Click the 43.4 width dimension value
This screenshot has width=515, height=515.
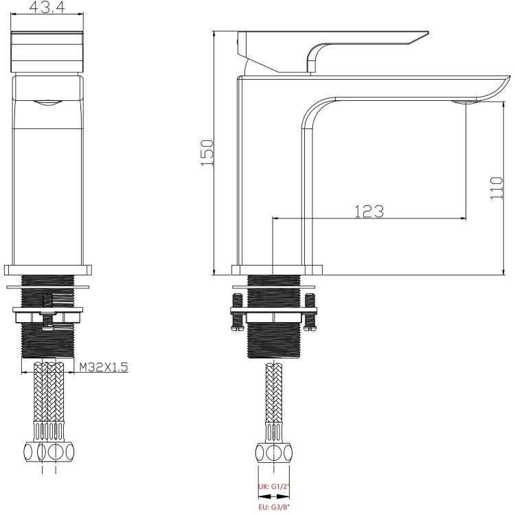49,9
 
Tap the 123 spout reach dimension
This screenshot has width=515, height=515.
369,211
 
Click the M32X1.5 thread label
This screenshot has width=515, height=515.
103,367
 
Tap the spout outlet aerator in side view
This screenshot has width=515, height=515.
466,103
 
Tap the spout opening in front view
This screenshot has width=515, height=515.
49,103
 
